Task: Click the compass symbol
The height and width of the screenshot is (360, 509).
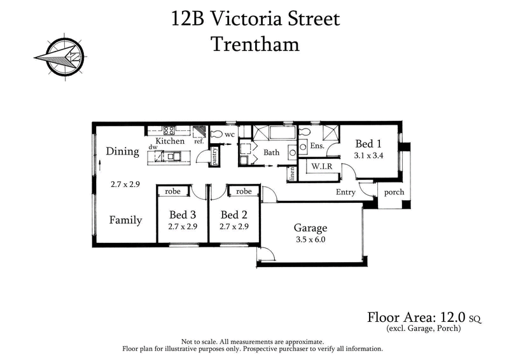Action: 57,58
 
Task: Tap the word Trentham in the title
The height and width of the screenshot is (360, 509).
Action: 254,44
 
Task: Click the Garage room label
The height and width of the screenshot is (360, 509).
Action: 310,228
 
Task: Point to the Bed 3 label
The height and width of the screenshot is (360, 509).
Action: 181,214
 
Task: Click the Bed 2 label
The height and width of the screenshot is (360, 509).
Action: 234,214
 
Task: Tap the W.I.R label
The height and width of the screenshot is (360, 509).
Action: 319,167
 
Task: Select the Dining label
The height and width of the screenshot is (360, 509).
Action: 122,151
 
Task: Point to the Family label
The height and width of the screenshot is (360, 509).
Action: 125,220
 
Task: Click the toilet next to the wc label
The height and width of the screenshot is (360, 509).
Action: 216,135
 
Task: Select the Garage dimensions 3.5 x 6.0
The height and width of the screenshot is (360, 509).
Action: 310,240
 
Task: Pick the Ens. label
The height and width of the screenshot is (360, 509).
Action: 317,146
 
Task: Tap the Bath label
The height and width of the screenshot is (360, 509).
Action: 272,153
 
